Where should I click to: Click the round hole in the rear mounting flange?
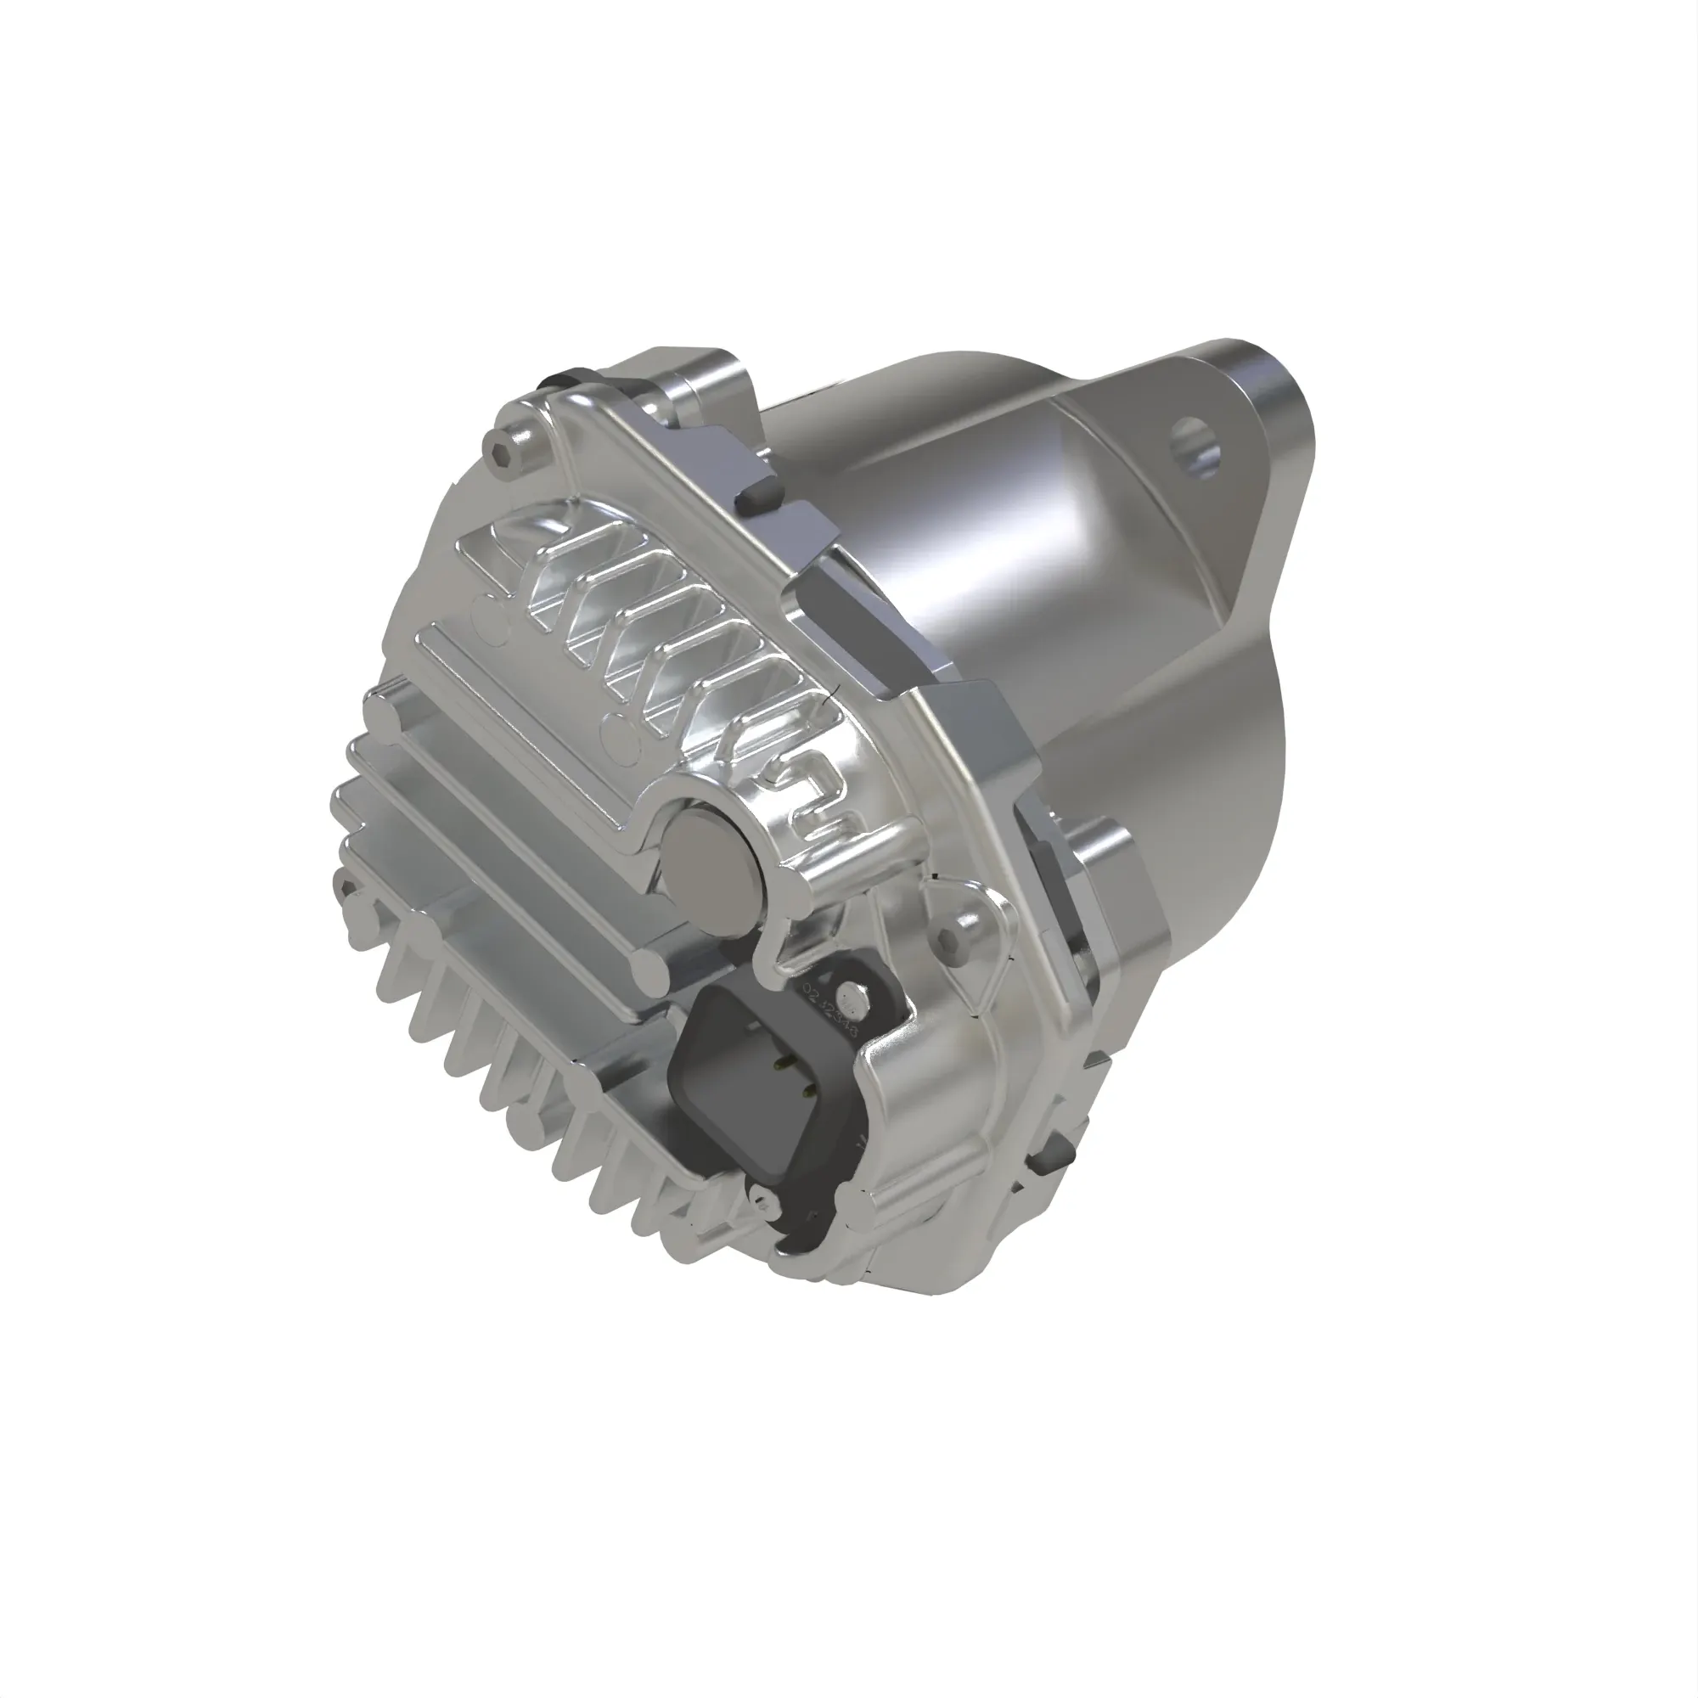(x=1196, y=447)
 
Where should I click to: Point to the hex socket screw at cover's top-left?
(x=503, y=454)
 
